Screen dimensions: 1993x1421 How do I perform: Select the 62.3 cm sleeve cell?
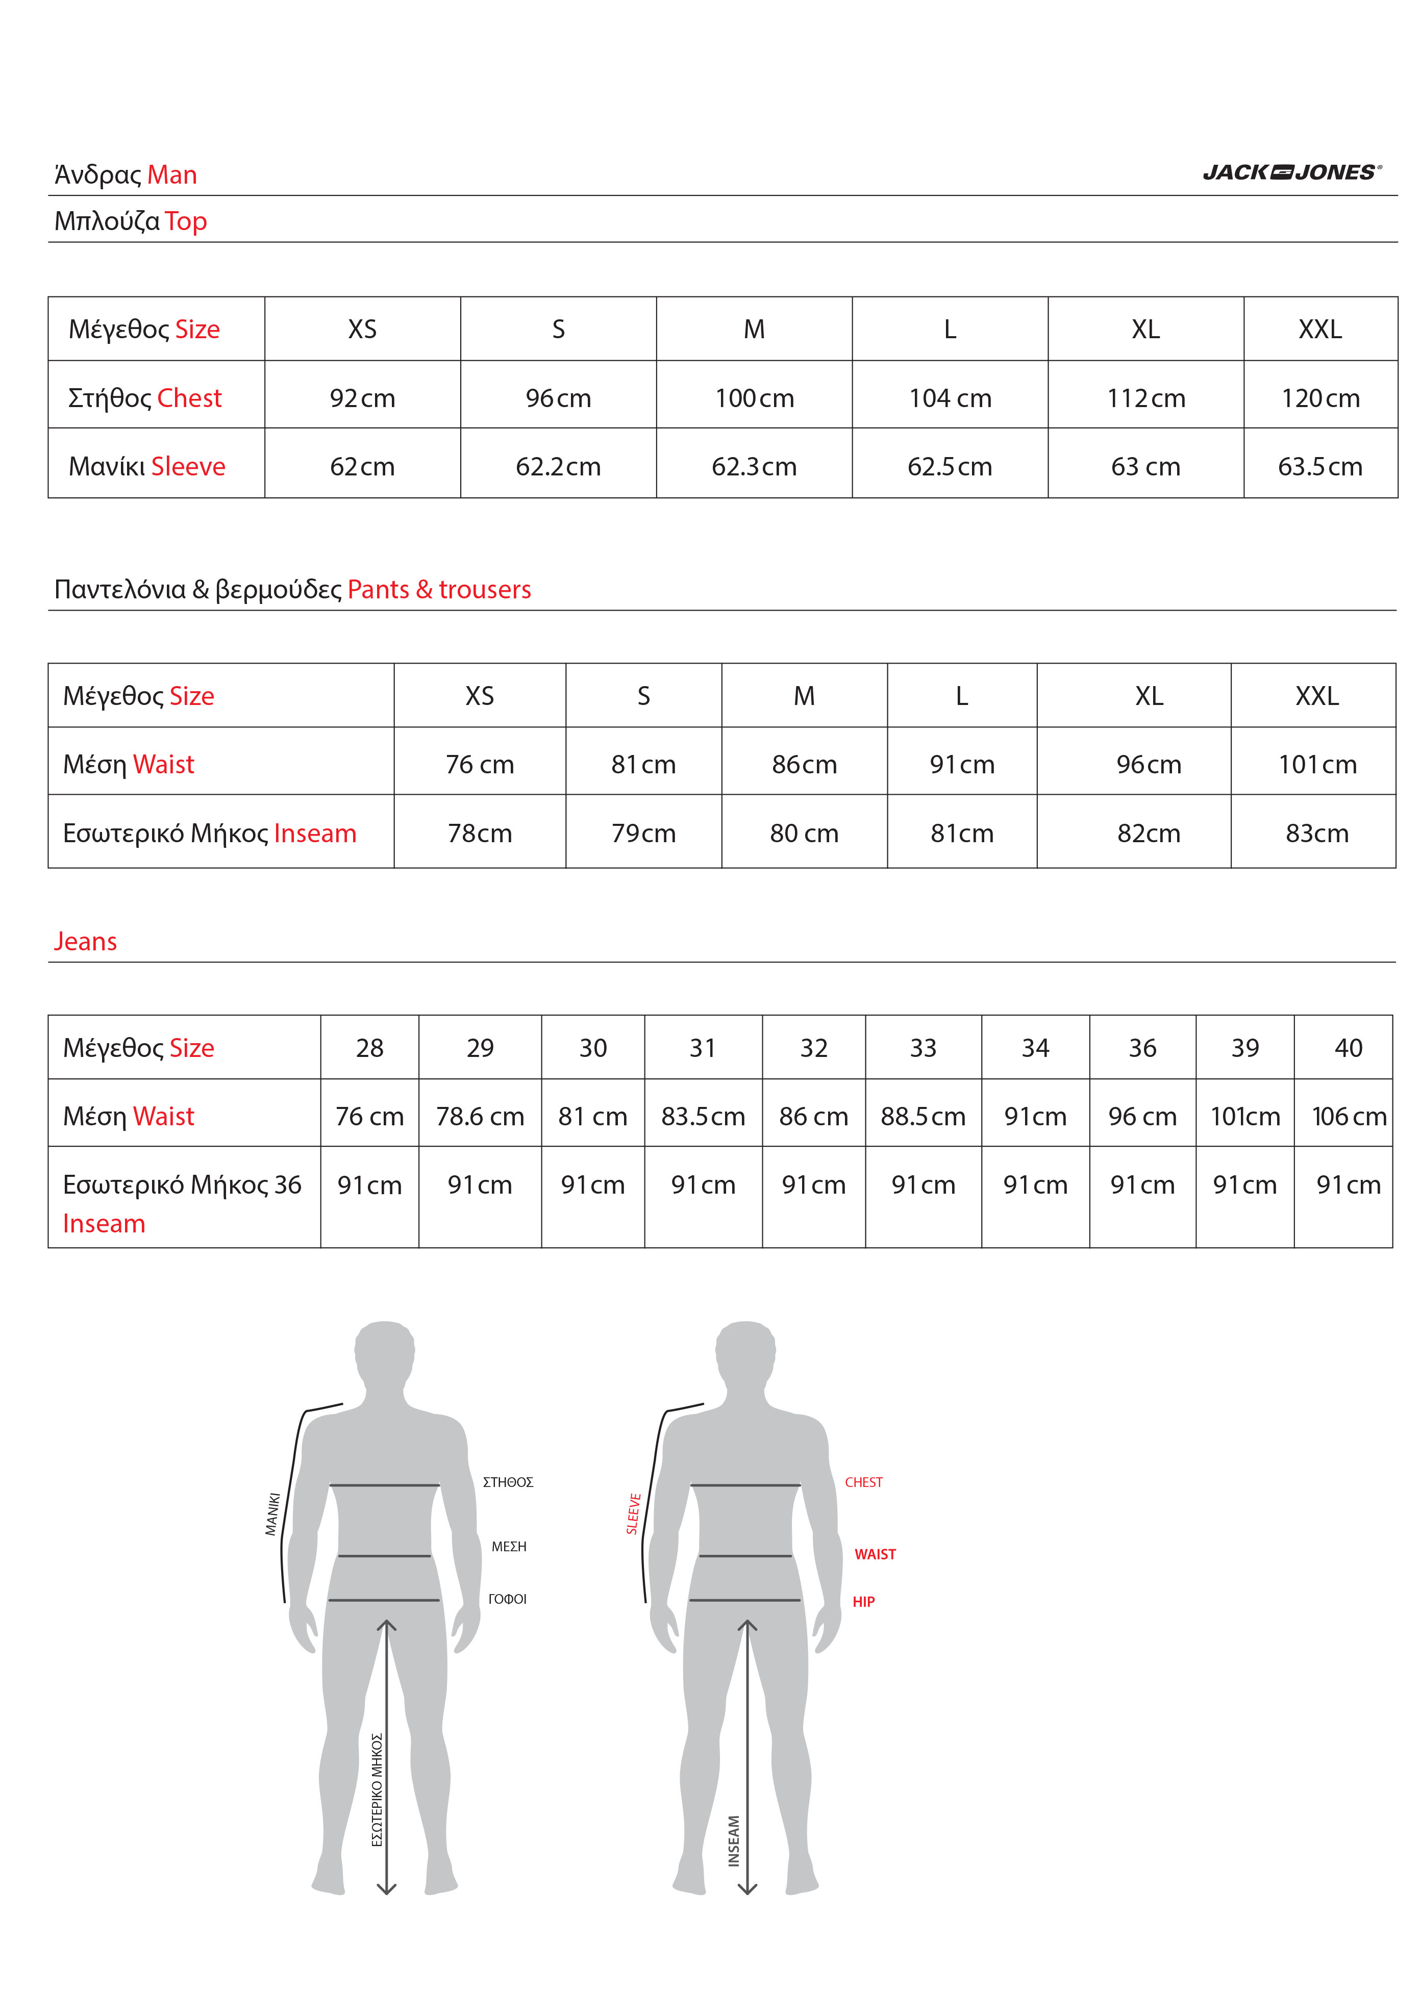click(x=754, y=466)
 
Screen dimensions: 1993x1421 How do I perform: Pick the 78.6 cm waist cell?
click(x=480, y=1116)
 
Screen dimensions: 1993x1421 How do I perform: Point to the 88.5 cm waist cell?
click(x=923, y=1116)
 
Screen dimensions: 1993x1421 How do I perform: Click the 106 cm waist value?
click(x=1349, y=1116)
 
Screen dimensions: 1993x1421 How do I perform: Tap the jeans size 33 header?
click(x=923, y=1047)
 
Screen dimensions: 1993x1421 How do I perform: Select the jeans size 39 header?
click(x=1244, y=1047)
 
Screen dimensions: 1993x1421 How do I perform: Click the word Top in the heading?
click(x=186, y=221)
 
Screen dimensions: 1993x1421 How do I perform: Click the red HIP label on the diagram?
click(x=864, y=1602)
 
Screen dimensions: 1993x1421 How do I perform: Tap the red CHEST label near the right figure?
click(x=864, y=1482)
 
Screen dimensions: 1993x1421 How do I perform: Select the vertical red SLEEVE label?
click(x=634, y=1513)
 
